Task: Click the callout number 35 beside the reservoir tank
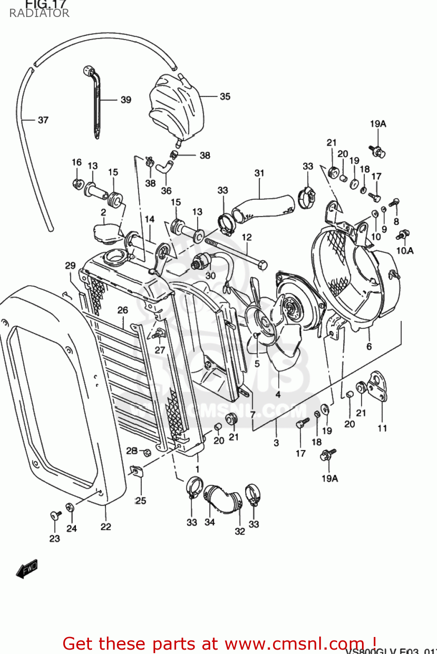pyautogui.click(x=225, y=96)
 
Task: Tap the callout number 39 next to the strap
pyautogui.click(x=126, y=100)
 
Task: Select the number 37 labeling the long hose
pyautogui.click(x=43, y=120)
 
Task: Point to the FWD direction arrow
pyautogui.click(x=27, y=569)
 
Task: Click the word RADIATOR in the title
pyautogui.click(x=39, y=13)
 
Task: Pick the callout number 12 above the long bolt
pyautogui.click(x=246, y=237)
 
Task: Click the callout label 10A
pyautogui.click(x=405, y=251)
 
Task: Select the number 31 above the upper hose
pyautogui.click(x=259, y=173)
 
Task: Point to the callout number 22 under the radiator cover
pyautogui.click(x=106, y=527)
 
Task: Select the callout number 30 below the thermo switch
pyautogui.click(x=210, y=276)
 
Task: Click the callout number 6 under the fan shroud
pyautogui.click(x=369, y=346)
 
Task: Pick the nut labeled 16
pyautogui.click(x=78, y=183)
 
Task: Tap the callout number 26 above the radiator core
pyautogui.click(x=123, y=310)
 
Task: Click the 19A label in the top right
pyautogui.click(x=378, y=124)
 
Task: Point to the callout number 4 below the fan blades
pyautogui.click(x=278, y=394)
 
